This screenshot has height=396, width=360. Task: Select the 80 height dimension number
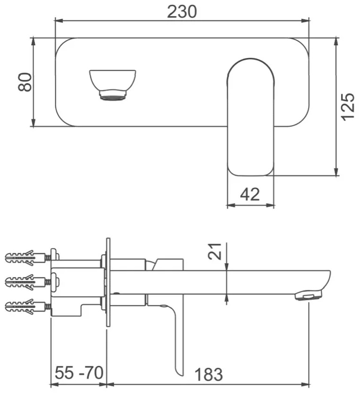(x=25, y=82)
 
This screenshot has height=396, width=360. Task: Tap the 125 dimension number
(x=348, y=106)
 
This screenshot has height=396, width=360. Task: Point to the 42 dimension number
(x=250, y=194)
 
